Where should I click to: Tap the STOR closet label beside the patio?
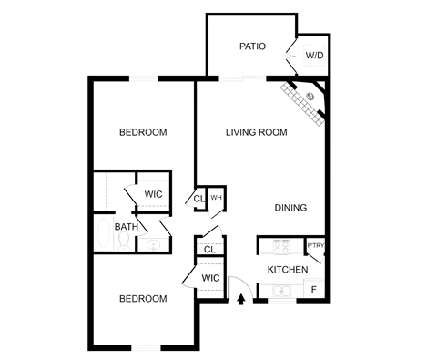[x=314, y=55]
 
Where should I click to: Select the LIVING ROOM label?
[x=257, y=132]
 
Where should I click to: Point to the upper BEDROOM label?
[x=143, y=132]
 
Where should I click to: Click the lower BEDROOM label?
[x=143, y=298]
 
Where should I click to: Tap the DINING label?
[x=291, y=207]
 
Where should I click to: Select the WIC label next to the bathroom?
[x=152, y=194]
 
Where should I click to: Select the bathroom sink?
[x=153, y=244]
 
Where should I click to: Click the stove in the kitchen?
[x=279, y=244]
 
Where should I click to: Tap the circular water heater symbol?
[x=217, y=197]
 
